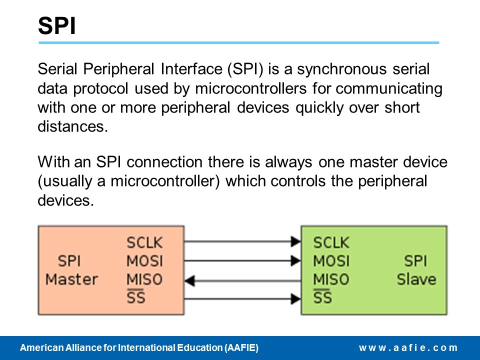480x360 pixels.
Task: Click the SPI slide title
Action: coord(56,26)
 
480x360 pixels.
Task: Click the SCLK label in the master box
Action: coord(144,243)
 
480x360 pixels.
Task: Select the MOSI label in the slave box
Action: coord(331,261)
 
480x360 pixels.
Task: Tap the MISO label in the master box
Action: coord(144,279)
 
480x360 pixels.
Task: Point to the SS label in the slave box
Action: coord(322,297)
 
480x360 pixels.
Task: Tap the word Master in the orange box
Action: coord(71,279)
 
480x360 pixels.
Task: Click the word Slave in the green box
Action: coord(416,279)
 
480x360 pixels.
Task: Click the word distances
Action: coord(72,126)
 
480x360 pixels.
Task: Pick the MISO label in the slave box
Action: coord(331,279)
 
